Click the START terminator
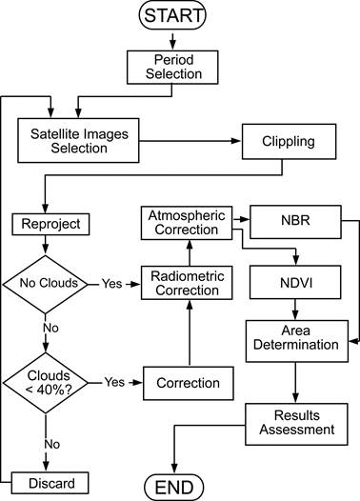click(x=172, y=16)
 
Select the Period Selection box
click(x=172, y=65)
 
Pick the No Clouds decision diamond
click(x=46, y=283)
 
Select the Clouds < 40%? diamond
click(x=46, y=382)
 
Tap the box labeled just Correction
click(x=188, y=383)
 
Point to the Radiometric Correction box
click(x=188, y=283)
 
